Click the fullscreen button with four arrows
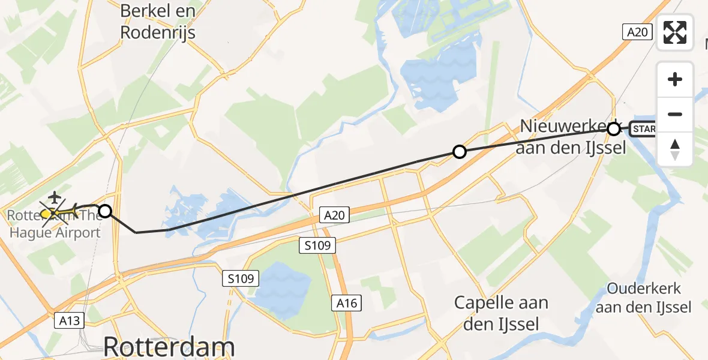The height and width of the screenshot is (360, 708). pyautogui.click(x=675, y=32)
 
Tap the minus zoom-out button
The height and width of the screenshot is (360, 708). pyautogui.click(x=675, y=114)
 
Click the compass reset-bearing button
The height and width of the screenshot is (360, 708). pyautogui.click(x=675, y=149)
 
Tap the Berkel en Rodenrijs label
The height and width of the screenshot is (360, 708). pyautogui.click(x=158, y=21)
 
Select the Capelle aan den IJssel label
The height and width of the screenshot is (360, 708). pyautogui.click(x=501, y=313)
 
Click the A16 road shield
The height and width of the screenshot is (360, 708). pyautogui.click(x=347, y=303)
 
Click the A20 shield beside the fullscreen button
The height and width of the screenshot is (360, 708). pyautogui.click(x=637, y=32)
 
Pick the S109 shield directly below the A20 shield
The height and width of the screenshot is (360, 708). pyautogui.click(x=319, y=245)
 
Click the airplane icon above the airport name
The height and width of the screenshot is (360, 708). pyautogui.click(x=55, y=196)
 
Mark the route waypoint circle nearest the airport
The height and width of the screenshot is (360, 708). pyautogui.click(x=105, y=211)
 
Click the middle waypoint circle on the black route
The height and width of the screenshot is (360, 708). pyautogui.click(x=459, y=152)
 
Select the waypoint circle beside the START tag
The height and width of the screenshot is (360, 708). pyautogui.click(x=613, y=128)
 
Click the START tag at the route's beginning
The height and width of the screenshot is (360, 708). pyautogui.click(x=643, y=128)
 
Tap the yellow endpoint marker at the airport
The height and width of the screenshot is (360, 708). pyautogui.click(x=47, y=212)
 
